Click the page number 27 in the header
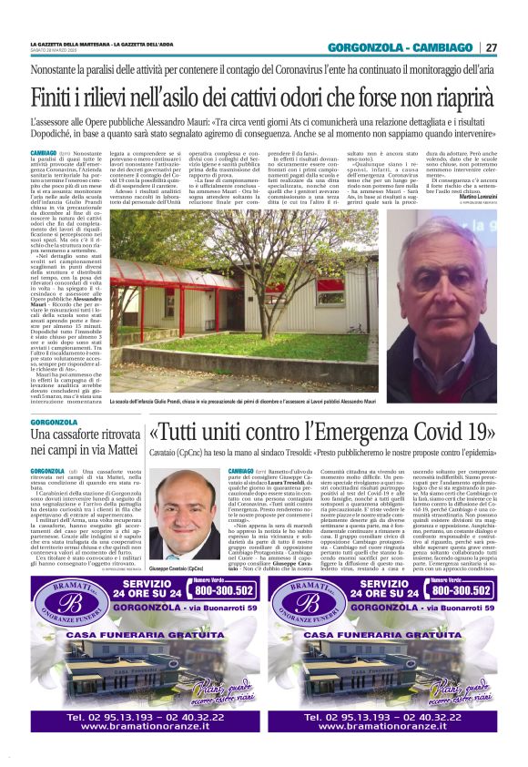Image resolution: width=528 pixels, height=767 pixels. pos(491,47)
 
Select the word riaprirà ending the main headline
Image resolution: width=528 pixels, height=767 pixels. pos(460,95)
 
